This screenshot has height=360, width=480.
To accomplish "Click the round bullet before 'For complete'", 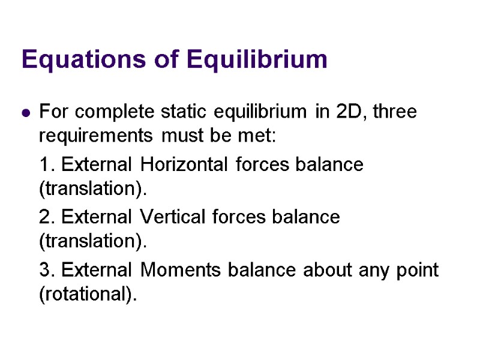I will pyautogui.click(x=26, y=112).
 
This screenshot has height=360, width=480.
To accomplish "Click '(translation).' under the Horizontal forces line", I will pyautogui.click(x=93, y=189).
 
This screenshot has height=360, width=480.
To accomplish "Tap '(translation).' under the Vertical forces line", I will pyautogui.click(x=93, y=242).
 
